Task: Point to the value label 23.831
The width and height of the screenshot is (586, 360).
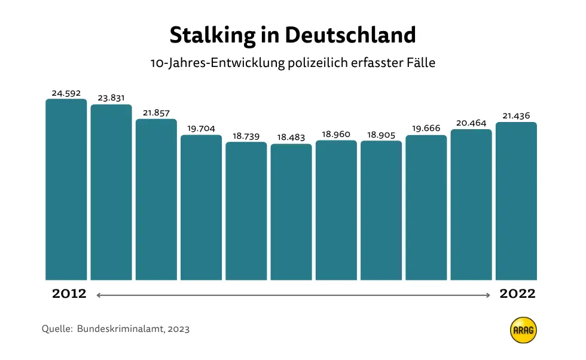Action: [x=111, y=98]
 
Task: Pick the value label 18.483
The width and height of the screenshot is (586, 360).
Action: [x=291, y=138]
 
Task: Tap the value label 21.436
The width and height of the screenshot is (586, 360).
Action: [x=516, y=116]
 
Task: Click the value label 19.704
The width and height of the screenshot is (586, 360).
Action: [x=201, y=129]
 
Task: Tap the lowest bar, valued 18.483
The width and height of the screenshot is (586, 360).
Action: [x=291, y=212]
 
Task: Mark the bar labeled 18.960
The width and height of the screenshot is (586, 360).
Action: [x=336, y=210]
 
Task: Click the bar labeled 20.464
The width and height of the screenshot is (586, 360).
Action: [x=471, y=205]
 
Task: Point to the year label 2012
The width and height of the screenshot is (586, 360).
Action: [x=69, y=294]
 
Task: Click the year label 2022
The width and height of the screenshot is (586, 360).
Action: [x=518, y=294]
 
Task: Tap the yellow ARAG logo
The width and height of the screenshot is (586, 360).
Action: [x=523, y=330]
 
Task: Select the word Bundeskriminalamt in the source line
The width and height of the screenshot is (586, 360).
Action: [x=121, y=329]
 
